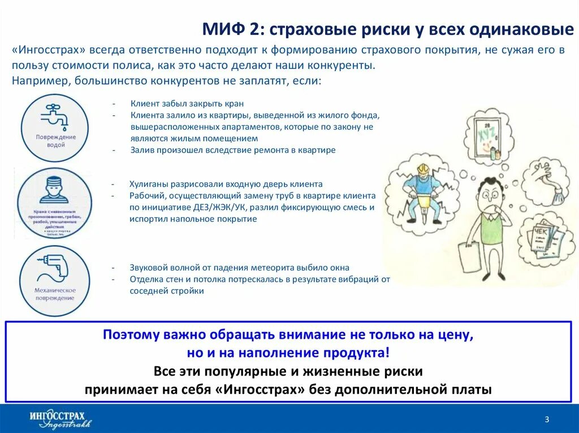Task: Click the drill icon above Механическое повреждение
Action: pyautogui.click(x=54, y=269)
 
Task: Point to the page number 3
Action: pyautogui.click(x=547, y=419)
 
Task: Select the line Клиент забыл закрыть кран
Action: pyautogui.click(x=187, y=103)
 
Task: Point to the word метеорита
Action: pyautogui.click(x=284, y=268)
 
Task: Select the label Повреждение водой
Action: pyautogui.click(x=55, y=141)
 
